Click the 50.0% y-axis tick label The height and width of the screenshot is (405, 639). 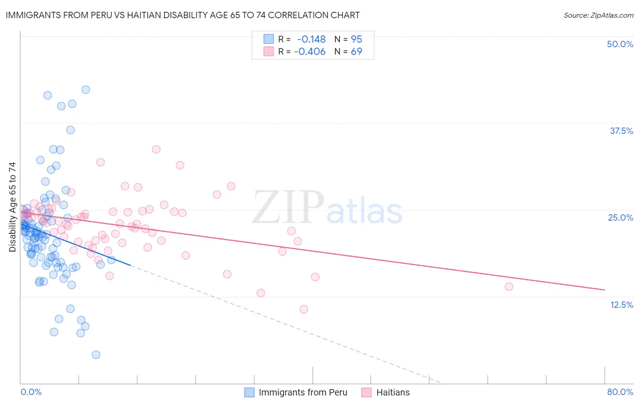click(x=620, y=44)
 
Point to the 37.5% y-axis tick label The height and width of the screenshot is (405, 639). click(x=621, y=131)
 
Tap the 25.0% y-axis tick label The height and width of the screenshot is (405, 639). click(x=620, y=217)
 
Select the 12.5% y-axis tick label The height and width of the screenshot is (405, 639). click(x=621, y=305)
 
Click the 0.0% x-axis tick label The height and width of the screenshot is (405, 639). click(x=31, y=392)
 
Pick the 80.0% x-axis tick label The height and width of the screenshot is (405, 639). click(x=620, y=392)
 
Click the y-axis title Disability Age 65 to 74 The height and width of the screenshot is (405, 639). click(x=12, y=207)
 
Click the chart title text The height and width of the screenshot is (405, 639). click(x=182, y=15)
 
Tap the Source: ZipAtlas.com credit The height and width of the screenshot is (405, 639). click(x=598, y=15)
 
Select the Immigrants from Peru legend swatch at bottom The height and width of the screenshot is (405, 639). click(x=250, y=392)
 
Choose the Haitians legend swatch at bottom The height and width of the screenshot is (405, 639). click(x=367, y=392)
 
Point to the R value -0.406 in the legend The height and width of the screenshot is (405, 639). click(x=310, y=51)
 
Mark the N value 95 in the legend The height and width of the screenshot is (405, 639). click(x=356, y=39)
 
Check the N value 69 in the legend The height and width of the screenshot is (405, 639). click(x=356, y=51)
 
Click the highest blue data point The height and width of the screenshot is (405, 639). click(x=85, y=89)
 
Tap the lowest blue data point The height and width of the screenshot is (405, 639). click(x=96, y=355)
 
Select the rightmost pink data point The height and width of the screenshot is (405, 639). click(x=509, y=286)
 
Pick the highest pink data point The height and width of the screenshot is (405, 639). click(x=156, y=149)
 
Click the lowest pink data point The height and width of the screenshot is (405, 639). click(x=304, y=309)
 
